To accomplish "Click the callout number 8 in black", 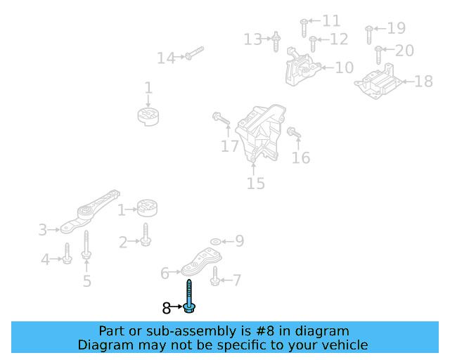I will coord(167,308).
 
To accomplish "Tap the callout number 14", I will coord(166,58).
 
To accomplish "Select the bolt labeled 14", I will coord(194,53).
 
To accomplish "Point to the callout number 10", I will coord(344,68).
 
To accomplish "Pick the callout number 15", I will coord(255,184).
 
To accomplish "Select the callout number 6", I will coord(165,273).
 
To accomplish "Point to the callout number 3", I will coord(43,230).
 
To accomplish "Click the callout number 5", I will coord(86,281).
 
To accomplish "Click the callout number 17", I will coord(230,146).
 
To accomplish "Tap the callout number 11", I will coord(330,21).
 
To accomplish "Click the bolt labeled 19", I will coord(368,31).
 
